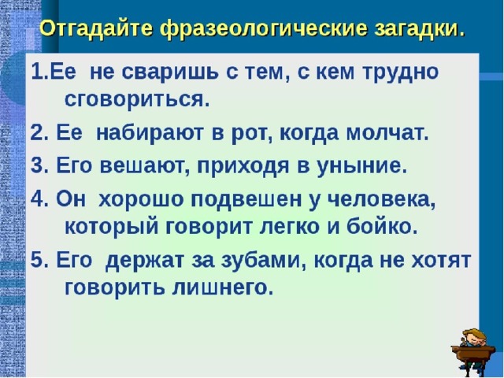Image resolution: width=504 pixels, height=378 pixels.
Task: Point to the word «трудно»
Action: pos(400,72)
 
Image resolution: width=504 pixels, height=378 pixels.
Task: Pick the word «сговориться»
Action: pos(137,101)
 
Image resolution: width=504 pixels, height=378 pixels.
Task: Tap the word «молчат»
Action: pos(387,133)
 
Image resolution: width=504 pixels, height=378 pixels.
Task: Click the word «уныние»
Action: pos(361,166)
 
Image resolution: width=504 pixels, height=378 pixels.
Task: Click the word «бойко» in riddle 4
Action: pos(382,228)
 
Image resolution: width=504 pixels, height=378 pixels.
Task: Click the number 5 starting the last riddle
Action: pos(37,260)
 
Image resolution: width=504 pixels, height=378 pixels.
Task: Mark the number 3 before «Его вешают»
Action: pos(37,166)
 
